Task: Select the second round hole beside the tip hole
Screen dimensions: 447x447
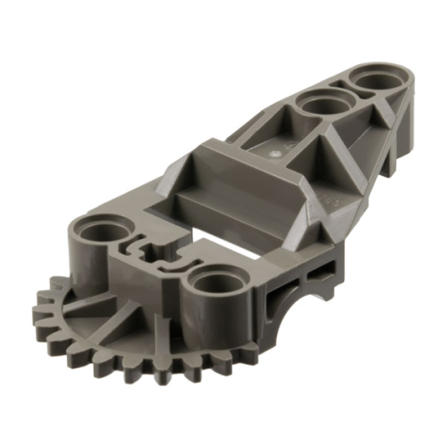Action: coord(320,105)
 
